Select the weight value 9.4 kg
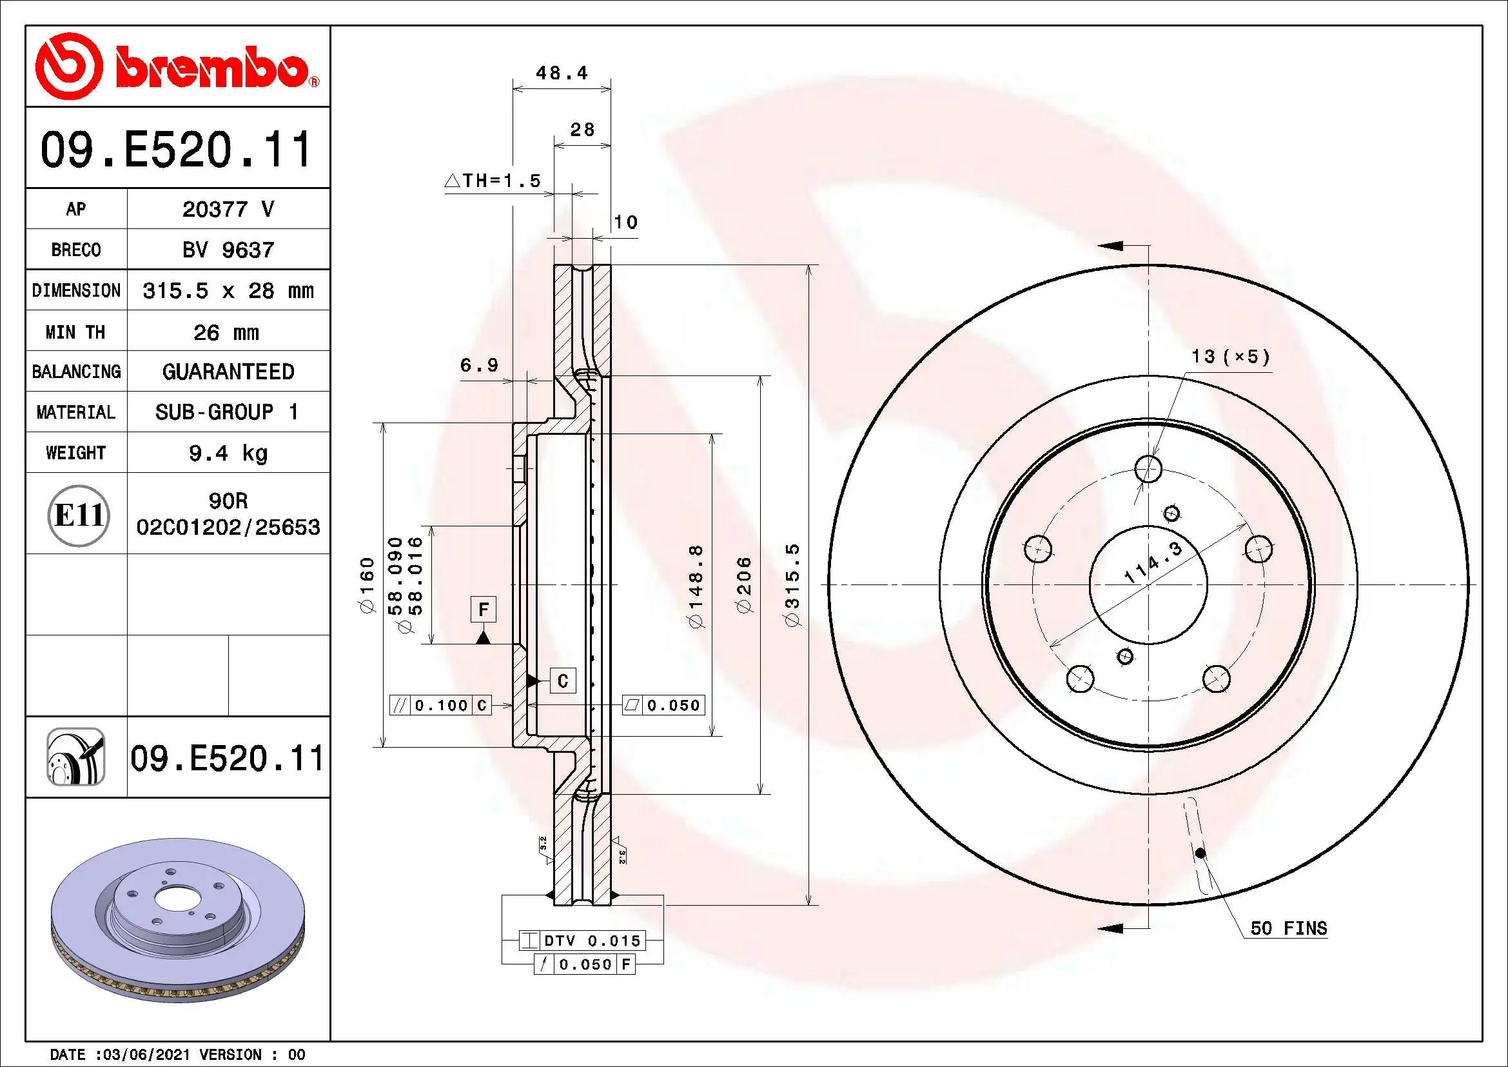click(228, 453)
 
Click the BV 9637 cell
click(228, 250)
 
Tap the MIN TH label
click(75, 332)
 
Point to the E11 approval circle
click(79, 515)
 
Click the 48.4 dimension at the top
click(562, 73)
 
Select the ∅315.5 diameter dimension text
click(794, 584)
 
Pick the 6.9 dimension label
click(480, 365)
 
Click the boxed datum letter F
click(484, 610)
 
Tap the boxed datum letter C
click(563, 681)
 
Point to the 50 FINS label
click(1288, 928)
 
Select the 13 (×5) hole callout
click(1230, 357)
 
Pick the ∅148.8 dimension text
click(696, 584)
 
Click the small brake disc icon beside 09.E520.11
click(75, 757)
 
